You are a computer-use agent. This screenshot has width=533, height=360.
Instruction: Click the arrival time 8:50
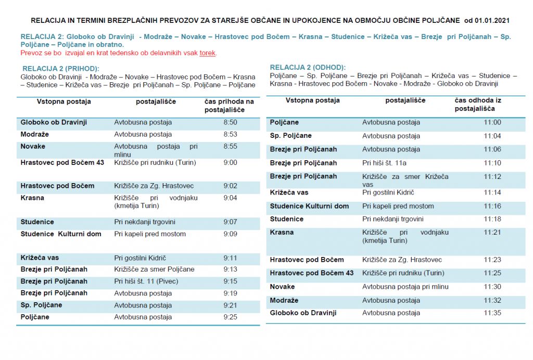[x=230, y=122]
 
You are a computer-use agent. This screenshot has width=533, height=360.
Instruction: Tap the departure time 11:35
[x=492, y=313]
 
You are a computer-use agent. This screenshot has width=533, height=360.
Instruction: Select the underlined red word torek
[x=208, y=53]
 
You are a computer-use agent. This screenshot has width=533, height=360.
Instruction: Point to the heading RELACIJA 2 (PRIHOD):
[x=61, y=69]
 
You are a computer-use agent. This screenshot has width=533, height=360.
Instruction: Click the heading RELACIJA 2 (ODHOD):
[x=308, y=68]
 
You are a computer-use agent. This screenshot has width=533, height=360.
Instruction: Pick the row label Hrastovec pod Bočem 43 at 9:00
[x=62, y=162]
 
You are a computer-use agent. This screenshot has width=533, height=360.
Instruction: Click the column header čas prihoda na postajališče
[x=229, y=106]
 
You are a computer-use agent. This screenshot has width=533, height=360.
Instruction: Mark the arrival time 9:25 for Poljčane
[x=230, y=317]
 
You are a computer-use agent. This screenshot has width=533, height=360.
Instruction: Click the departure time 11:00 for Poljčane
[x=492, y=122]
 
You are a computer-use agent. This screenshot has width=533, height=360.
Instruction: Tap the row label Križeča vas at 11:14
[x=289, y=192]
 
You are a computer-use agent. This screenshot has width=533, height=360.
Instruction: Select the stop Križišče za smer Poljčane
[x=154, y=269]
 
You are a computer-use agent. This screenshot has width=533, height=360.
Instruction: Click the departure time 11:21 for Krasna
[x=492, y=232]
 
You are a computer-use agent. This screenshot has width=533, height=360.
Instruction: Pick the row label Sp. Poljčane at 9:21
[x=41, y=305]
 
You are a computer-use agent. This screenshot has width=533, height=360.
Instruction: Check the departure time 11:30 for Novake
[x=492, y=287]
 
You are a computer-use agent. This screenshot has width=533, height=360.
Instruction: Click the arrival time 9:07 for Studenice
[x=230, y=222]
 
